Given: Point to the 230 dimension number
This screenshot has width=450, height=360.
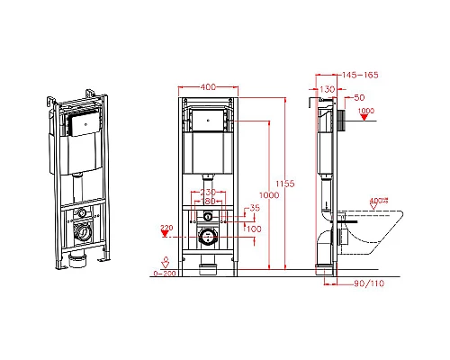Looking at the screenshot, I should (206, 191).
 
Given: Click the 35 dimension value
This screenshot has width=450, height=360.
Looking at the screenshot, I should (255, 209).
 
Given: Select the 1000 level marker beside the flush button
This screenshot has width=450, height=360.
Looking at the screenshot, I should (365, 112).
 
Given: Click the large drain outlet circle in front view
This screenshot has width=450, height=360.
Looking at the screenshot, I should (207, 237).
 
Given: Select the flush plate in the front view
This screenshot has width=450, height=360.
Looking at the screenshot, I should (207, 118).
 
